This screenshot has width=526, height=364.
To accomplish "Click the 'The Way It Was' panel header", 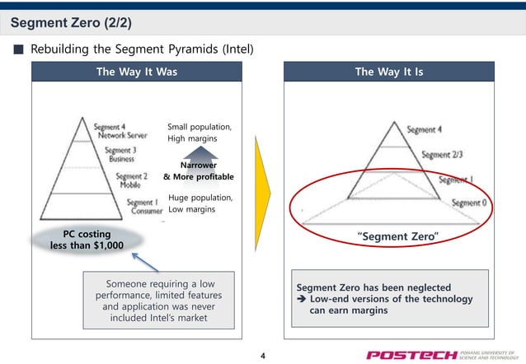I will click(136, 72).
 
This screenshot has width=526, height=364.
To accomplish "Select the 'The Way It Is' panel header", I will click(388, 72).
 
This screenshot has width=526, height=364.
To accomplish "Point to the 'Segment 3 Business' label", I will click(120, 154).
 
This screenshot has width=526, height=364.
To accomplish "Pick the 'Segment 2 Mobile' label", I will click(131, 180).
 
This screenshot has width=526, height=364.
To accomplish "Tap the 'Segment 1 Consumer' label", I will click(132, 206).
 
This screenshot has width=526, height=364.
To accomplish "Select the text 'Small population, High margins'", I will click(200, 133).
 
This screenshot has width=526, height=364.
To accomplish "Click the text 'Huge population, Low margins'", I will click(199, 203).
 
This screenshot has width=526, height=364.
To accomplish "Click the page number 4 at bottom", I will click(262, 355).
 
